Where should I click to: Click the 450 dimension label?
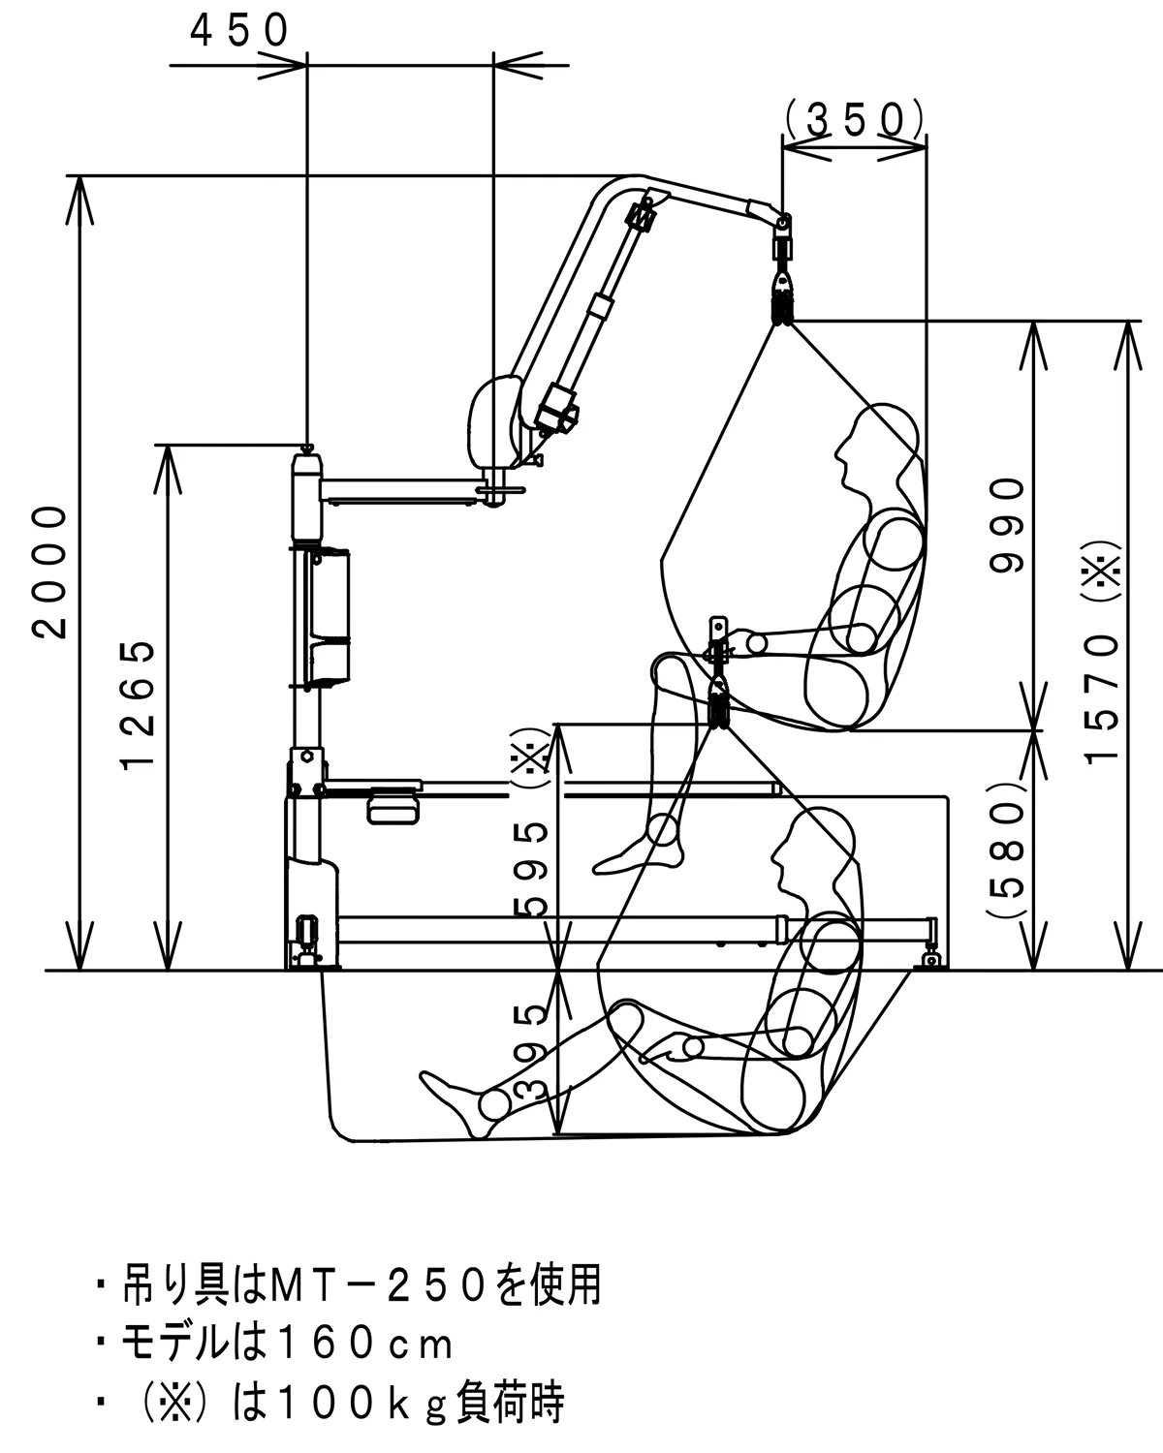240,31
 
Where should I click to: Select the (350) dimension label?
854,119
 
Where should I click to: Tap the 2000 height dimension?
50,571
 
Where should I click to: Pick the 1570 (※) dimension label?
1105,649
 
